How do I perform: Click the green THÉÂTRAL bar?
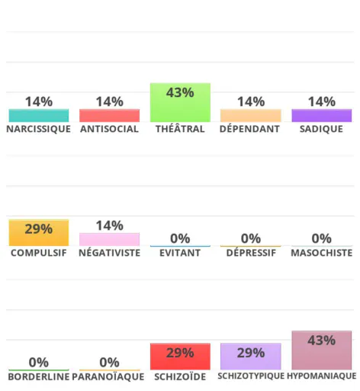[180, 102]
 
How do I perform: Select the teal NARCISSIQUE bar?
[39, 115]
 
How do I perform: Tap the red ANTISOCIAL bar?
[109, 115]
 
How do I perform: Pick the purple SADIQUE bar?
[322, 115]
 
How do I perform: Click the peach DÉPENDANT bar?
[251, 115]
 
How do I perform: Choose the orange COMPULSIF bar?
[39, 233]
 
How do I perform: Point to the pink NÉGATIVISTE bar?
[109, 240]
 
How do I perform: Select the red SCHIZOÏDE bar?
[180, 357]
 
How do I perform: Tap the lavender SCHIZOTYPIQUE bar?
[251, 357]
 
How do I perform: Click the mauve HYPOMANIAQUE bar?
[322, 351]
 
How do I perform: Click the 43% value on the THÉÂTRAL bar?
[180, 92]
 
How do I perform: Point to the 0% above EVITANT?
[180, 239]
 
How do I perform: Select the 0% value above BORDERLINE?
[39, 363]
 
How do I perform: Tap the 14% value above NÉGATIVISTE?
[110, 226]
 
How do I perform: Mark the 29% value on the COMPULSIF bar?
[39, 229]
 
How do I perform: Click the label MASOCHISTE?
[322, 253]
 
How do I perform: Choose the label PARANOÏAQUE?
[108, 376]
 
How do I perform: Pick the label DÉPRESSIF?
[251, 253]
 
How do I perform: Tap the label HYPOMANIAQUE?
[322, 376]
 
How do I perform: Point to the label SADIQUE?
[321, 129]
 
